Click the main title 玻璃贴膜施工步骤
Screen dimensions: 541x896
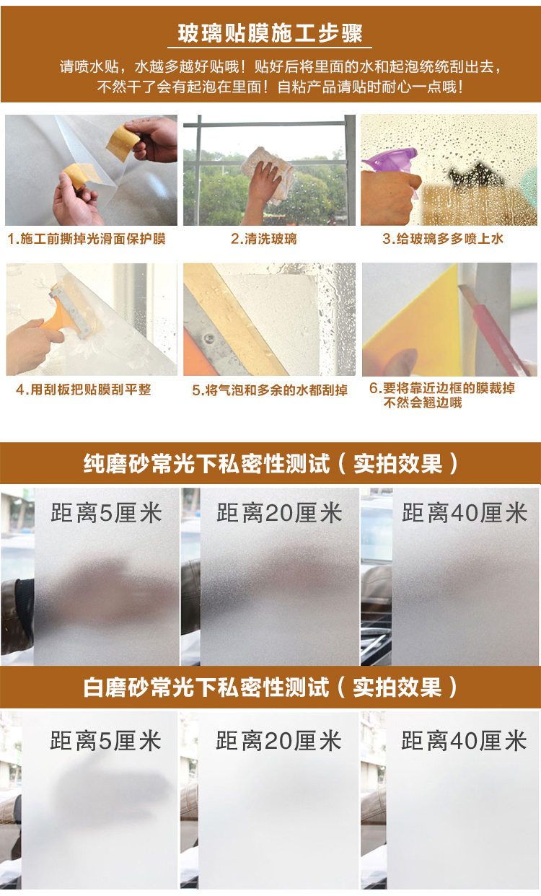click(270, 33)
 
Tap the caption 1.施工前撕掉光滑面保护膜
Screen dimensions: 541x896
click(87, 239)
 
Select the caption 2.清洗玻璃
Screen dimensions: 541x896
click(264, 239)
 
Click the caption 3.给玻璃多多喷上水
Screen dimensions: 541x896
click(443, 239)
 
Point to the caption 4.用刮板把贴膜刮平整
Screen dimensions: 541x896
click(84, 389)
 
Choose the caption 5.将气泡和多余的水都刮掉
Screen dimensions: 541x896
click(270, 390)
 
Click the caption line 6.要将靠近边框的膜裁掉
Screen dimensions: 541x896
click(442, 387)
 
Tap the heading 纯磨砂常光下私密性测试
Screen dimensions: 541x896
click(206, 464)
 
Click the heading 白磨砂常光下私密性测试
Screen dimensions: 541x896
click(206, 687)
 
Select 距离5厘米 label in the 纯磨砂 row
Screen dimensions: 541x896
click(106, 513)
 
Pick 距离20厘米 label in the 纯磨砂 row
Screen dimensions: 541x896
click(279, 513)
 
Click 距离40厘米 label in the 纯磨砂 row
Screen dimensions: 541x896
click(465, 513)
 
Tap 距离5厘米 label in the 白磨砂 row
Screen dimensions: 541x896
click(105, 740)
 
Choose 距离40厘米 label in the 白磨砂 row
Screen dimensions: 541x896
click(464, 740)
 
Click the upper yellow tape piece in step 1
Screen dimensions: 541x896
click(123, 142)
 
